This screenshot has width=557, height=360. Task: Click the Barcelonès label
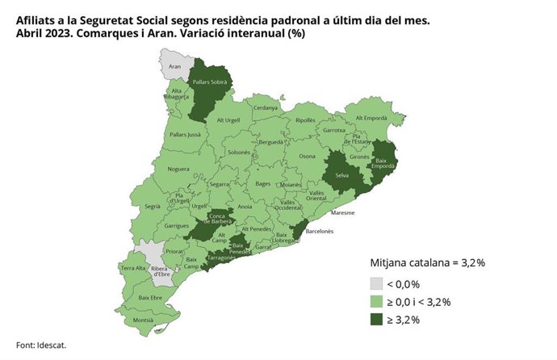point(319,231)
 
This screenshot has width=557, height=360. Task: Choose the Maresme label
point(343,214)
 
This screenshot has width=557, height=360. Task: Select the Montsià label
point(143,320)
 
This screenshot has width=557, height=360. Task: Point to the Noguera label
point(178,170)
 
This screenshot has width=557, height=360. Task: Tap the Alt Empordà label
point(367,119)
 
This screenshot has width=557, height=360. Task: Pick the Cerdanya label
point(265,108)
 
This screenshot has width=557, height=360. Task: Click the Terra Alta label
point(132,267)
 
